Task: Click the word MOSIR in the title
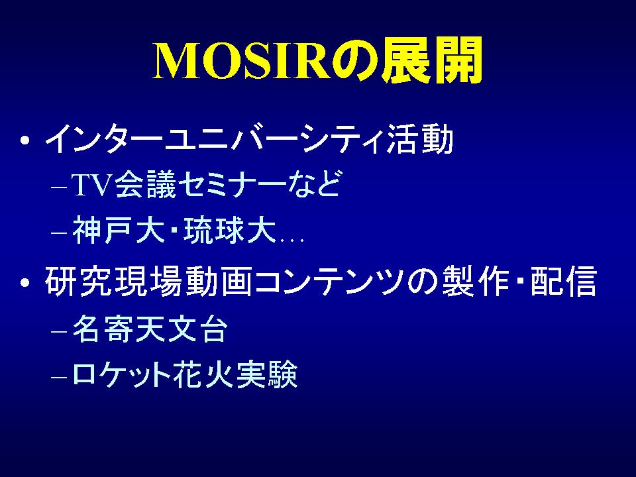point(241,61)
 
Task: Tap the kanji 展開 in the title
point(433,60)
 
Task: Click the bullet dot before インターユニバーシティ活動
point(25,140)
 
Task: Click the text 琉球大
point(230,231)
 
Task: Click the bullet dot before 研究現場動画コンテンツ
point(25,282)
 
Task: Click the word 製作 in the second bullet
point(476,281)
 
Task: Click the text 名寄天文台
point(150,329)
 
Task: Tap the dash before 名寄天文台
point(59,331)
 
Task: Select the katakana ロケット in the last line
point(121,374)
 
